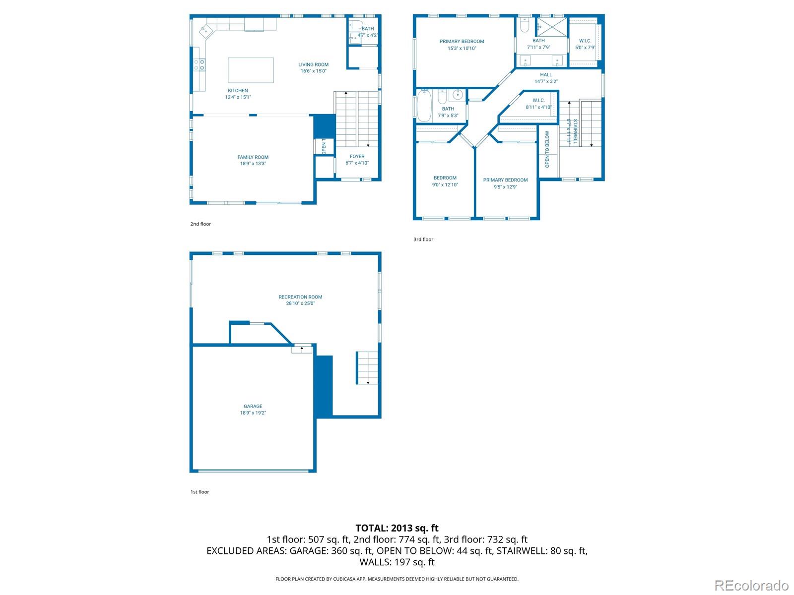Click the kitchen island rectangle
click(x=251, y=70)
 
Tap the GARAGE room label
click(x=253, y=406)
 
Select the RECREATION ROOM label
click(x=300, y=297)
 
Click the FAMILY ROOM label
click(x=253, y=157)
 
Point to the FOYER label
click(x=357, y=156)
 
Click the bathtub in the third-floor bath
click(x=424, y=106)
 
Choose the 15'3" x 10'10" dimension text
click(x=462, y=49)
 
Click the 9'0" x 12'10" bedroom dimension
click(x=445, y=185)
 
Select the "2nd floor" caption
click(x=200, y=224)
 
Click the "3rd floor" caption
click(x=423, y=239)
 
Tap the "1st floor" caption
click(x=199, y=492)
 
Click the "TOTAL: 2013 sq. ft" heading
click(x=397, y=528)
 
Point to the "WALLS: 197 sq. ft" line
click(x=397, y=562)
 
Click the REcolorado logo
click(x=751, y=585)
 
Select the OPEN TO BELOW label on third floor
click(x=547, y=149)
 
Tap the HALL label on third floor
click(x=546, y=75)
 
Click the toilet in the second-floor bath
click(x=356, y=25)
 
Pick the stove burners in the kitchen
click(x=199, y=64)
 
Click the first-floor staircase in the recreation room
click(x=367, y=367)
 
